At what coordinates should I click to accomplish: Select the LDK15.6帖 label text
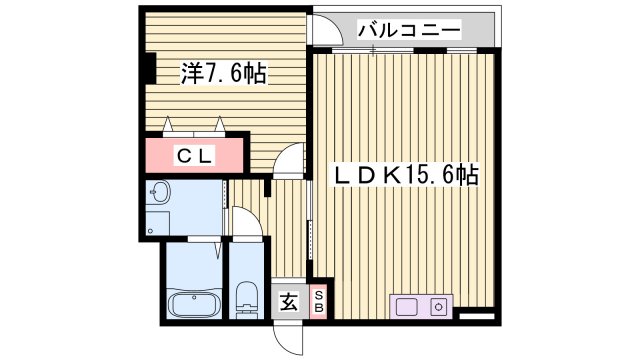(405, 176)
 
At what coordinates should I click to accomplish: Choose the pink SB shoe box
(319, 300)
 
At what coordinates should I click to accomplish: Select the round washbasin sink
(159, 192)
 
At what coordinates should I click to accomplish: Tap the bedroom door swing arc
(290, 158)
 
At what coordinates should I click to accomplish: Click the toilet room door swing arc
(246, 222)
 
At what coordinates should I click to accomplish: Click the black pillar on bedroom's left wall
(147, 67)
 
